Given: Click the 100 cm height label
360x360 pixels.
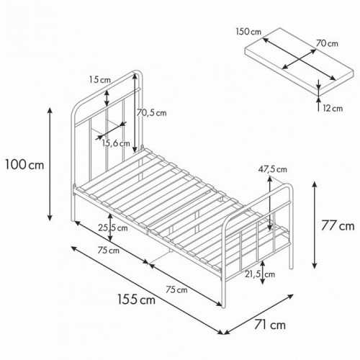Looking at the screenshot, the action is [24, 165].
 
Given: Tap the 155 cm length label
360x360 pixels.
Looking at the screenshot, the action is [136, 300].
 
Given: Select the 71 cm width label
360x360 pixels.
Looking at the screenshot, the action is [270, 325].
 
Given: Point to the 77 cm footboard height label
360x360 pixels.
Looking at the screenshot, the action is [338, 226].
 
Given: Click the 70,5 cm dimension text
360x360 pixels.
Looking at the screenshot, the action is [151, 113].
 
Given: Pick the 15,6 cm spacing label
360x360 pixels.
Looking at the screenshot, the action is [116, 143].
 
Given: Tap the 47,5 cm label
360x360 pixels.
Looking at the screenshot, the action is [272, 169].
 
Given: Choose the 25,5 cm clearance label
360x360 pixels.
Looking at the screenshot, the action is [113, 228].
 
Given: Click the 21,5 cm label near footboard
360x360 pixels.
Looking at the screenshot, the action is [260, 274].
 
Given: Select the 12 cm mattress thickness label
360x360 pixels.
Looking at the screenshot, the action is [333, 108].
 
